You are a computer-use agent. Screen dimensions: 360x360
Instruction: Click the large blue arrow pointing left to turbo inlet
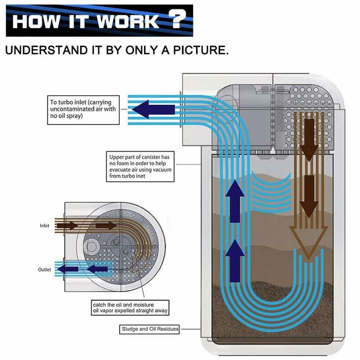pyautogui.click(x=155, y=109)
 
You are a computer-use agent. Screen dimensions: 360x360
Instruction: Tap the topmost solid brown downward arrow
pyautogui.click(x=309, y=144)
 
